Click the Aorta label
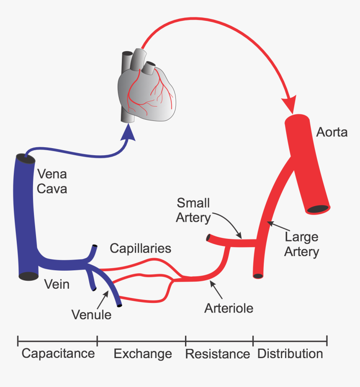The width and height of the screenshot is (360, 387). [x=332, y=132]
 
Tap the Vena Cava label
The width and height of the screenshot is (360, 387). [x=52, y=181]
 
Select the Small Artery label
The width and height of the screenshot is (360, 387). [x=193, y=210]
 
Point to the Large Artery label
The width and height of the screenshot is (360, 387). [x=301, y=244]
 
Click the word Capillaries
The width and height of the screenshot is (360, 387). [x=140, y=249]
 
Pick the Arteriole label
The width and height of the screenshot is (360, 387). [x=229, y=308]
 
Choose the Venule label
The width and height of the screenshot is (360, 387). [x=91, y=314]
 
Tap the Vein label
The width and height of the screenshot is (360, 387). [x=57, y=284]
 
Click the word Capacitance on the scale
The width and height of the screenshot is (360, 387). [x=58, y=354]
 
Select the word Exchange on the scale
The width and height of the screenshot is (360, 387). [x=143, y=354]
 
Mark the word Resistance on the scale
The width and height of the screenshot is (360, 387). [x=217, y=354]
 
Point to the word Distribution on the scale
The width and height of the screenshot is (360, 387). [x=290, y=354]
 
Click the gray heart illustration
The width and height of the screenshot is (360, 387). [x=147, y=90]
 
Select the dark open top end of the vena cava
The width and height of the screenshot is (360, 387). [x=25, y=159]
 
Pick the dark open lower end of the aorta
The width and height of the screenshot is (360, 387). [x=318, y=208]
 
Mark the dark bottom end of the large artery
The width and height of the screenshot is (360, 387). [x=258, y=276]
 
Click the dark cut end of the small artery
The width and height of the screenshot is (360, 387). [x=208, y=238]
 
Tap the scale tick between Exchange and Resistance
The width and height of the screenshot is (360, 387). [x=185, y=341]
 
